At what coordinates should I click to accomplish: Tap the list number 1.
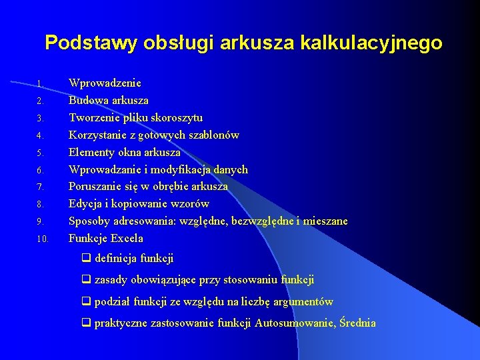39,84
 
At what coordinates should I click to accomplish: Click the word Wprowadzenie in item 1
105,83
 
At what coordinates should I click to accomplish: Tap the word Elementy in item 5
91,152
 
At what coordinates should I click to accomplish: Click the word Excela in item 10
127,238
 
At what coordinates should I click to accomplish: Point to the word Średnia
357,323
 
